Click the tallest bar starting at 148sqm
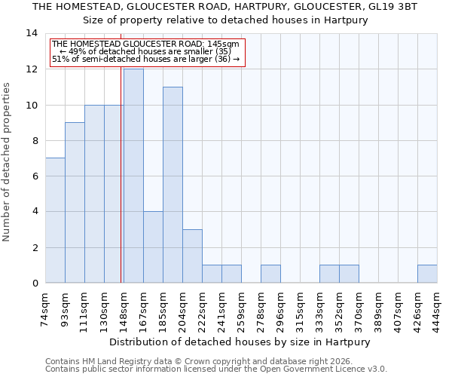(x=133, y=176)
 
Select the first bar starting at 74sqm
(x=55, y=220)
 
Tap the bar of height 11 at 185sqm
(x=173, y=185)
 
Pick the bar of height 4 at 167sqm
(x=153, y=247)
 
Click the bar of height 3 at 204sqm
(x=192, y=256)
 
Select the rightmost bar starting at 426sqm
(x=427, y=274)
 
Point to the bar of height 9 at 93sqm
(x=75, y=203)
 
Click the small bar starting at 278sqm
(x=270, y=274)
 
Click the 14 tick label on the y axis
(x=32, y=34)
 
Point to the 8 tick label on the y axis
(x=35, y=141)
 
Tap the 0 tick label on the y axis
(x=35, y=284)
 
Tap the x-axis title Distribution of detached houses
(x=240, y=342)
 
